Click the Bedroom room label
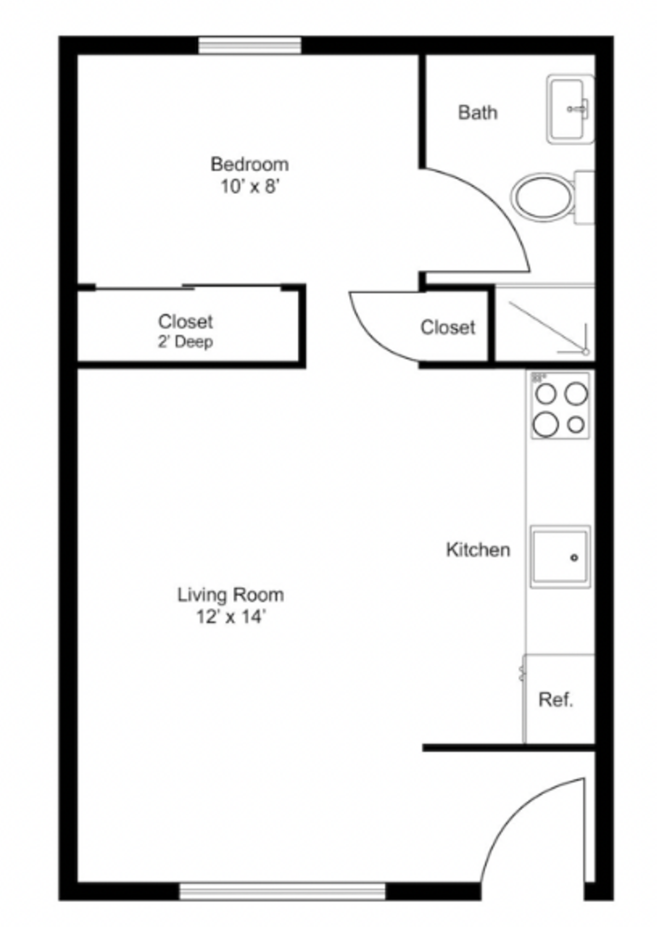250,164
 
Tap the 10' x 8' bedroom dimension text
250,186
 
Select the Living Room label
230,594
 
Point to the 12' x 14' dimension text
230,617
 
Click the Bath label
477,112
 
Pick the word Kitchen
477,550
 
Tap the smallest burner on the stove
575,425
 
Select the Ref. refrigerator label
556,699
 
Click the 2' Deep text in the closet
185,342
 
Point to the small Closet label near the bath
447,327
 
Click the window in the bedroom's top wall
250,45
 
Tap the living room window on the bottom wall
282,891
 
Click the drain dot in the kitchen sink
574,558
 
